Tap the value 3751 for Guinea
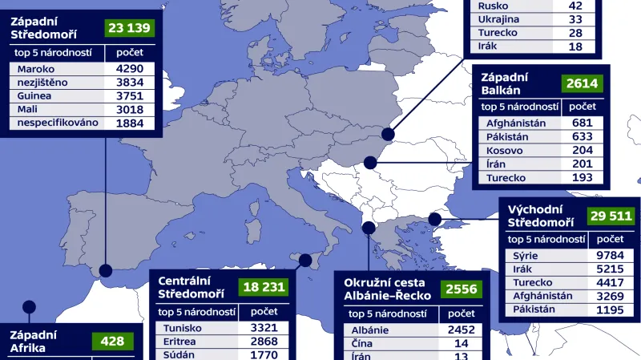tap(128, 95)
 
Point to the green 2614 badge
tap(583, 83)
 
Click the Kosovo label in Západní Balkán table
tap(507, 150)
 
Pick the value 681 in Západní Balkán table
tap(583, 123)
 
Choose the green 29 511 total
tap(610, 216)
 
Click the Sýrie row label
tap(526, 256)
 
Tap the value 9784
tap(611, 256)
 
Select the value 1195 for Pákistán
tap(611, 309)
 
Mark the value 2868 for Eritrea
tap(264, 342)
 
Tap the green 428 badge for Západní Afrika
tap(113, 342)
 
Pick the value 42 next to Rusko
tap(575, 5)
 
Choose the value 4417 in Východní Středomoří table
tap(611, 282)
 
